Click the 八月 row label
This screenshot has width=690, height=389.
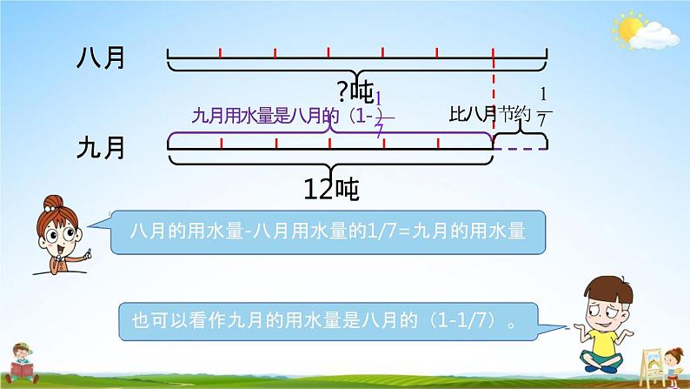click(101, 59)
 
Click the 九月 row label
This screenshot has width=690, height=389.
click(101, 148)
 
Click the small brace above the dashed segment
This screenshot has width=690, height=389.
click(521, 129)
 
